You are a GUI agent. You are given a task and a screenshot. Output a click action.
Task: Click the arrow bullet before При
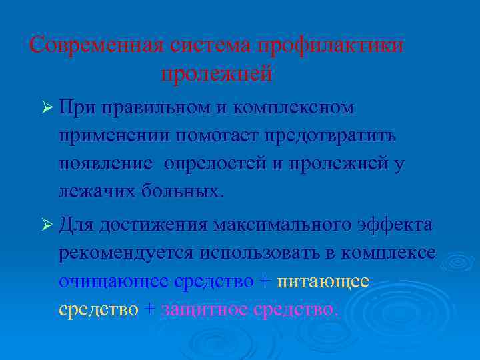46,108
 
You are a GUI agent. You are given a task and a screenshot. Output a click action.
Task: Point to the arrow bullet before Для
46,225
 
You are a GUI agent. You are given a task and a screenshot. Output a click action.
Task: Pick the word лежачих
97,192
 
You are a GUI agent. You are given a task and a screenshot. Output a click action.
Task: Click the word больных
183,192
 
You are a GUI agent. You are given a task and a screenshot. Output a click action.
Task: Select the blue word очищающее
113,281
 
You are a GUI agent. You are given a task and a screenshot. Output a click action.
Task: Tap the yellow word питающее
323,281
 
